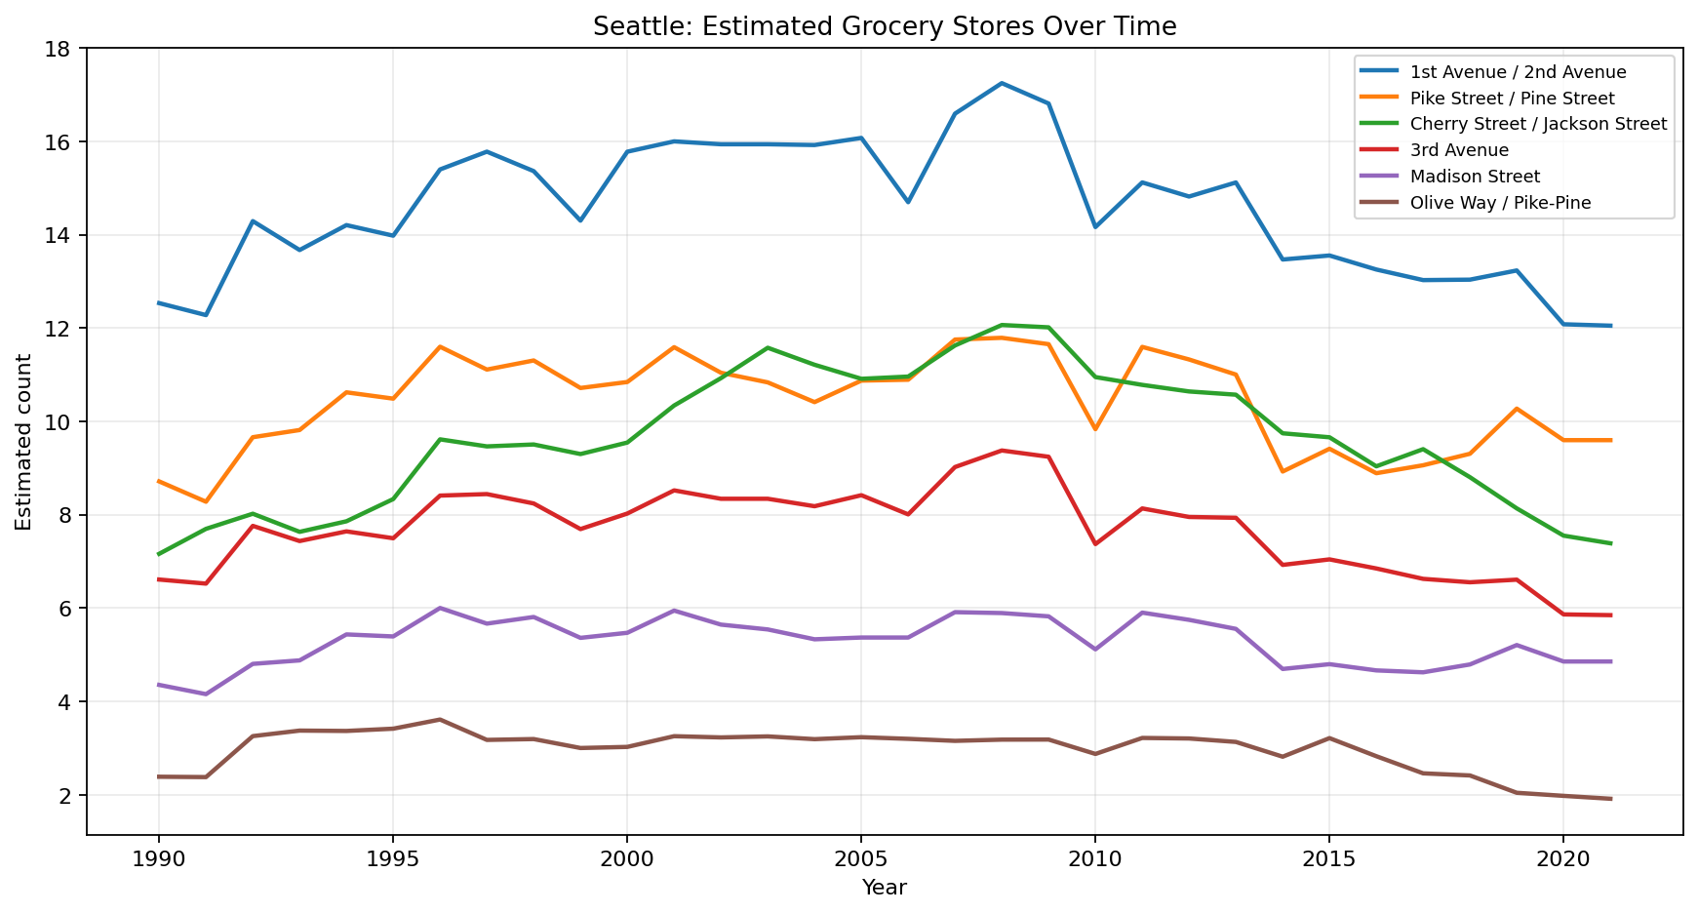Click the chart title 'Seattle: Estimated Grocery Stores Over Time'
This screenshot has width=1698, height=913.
(x=885, y=26)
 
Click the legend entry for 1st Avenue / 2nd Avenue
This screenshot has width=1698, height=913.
(x=1517, y=72)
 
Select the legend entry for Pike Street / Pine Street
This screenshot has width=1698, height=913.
(x=1511, y=99)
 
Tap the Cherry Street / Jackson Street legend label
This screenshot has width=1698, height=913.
(x=1537, y=124)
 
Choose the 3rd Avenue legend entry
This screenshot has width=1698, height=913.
(x=1458, y=150)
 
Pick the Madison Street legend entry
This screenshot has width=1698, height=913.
(x=1474, y=177)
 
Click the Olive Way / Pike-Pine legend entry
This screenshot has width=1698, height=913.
(x=1500, y=203)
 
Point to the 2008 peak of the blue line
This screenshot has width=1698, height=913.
(x=1002, y=83)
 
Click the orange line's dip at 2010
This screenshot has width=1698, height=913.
(x=1095, y=429)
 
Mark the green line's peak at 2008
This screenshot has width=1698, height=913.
(x=1002, y=325)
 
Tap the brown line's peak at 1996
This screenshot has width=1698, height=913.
(x=440, y=720)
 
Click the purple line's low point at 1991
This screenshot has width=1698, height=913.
(x=206, y=695)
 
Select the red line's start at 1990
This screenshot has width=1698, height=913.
(x=159, y=579)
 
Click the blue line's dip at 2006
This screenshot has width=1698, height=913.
(x=908, y=202)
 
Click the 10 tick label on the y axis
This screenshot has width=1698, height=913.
(x=64, y=422)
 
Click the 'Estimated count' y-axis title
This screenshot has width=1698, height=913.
(x=24, y=442)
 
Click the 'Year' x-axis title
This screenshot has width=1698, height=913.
(x=885, y=888)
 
